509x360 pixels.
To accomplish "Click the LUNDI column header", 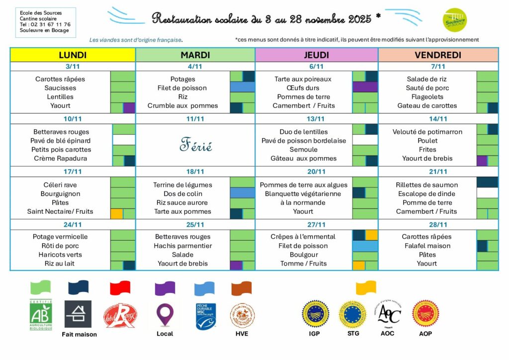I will coord(73,55).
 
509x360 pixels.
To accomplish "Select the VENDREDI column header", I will coord(438,55).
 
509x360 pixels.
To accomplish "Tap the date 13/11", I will coord(316,119).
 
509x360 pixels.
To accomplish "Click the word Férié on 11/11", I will coord(195,146).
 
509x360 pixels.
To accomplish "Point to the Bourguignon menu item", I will coord(60,194).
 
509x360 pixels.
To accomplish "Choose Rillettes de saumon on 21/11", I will coord(426,185).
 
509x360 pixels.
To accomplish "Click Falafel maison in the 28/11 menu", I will coord(426,246).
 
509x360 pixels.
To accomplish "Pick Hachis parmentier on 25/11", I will coord(182,246).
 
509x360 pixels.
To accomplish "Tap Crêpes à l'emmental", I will coord(303,237).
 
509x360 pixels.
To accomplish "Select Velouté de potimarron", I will coord(427,132).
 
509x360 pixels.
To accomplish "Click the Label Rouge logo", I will coord(120,315).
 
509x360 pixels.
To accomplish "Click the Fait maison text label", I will coord(80,334).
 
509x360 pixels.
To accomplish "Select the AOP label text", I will coord(425,334).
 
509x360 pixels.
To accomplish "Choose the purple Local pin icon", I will coord(165,314).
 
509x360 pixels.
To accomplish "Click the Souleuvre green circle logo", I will coord(454,20).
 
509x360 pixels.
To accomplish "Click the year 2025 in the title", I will coord(360,19).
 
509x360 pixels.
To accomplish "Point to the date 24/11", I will coord(73,224).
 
